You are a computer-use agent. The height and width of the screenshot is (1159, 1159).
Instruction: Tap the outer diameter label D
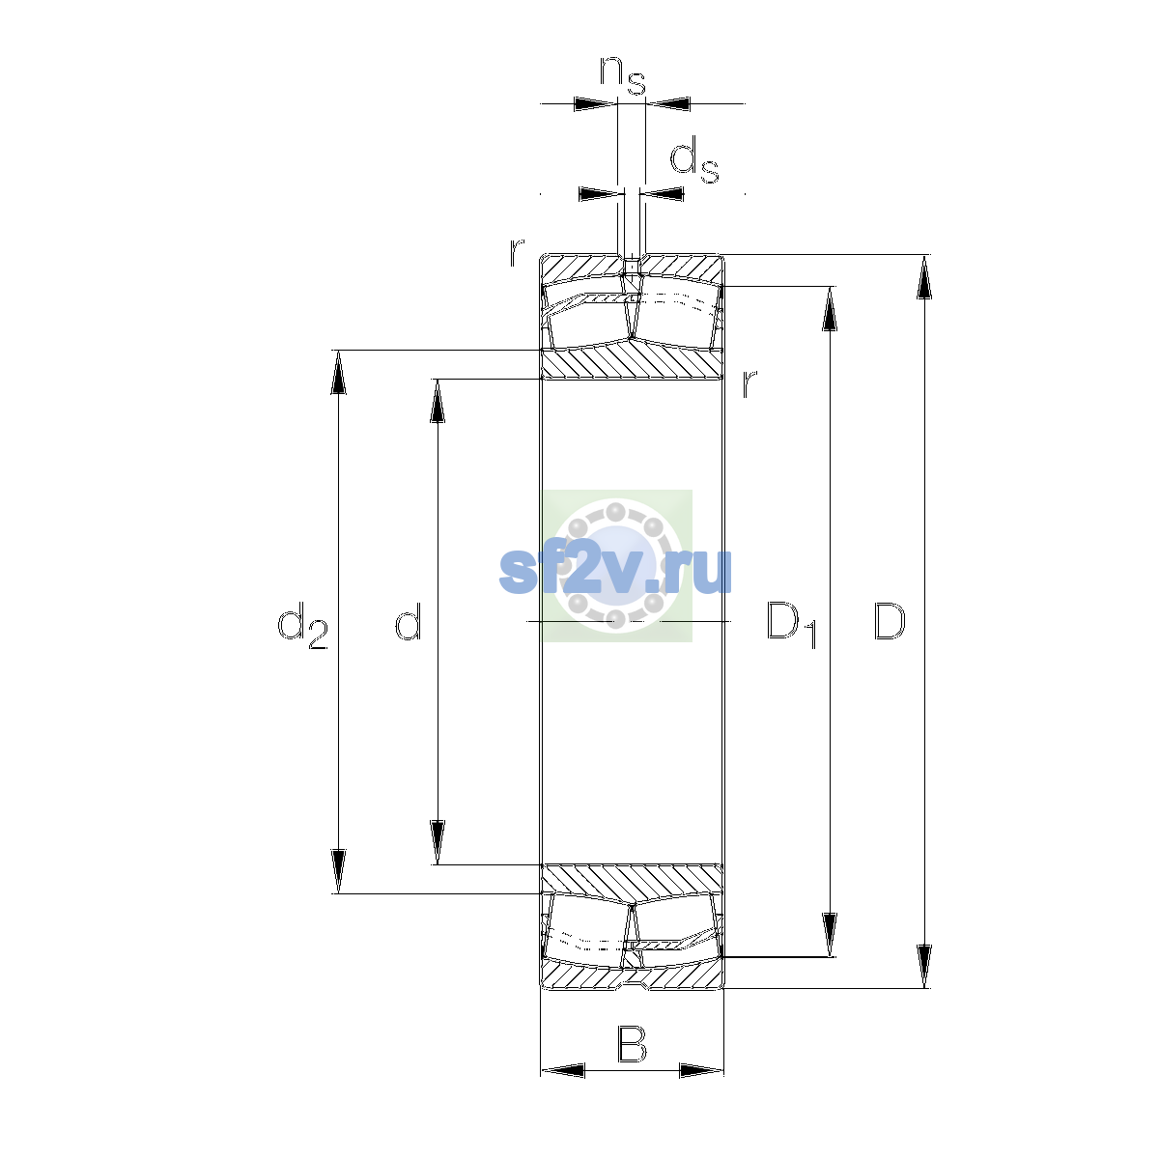tap(889, 621)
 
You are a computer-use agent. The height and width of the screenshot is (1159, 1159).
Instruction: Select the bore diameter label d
tap(409, 620)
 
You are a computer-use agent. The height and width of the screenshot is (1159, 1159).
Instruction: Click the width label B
tap(632, 1045)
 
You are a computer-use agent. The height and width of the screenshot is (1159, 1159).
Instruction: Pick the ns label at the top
tap(623, 74)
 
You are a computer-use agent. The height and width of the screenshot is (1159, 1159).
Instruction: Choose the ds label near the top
tap(694, 159)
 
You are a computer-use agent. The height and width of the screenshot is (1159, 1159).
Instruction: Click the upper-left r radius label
tap(516, 253)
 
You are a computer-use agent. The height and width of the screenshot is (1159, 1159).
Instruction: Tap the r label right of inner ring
tap(749, 383)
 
